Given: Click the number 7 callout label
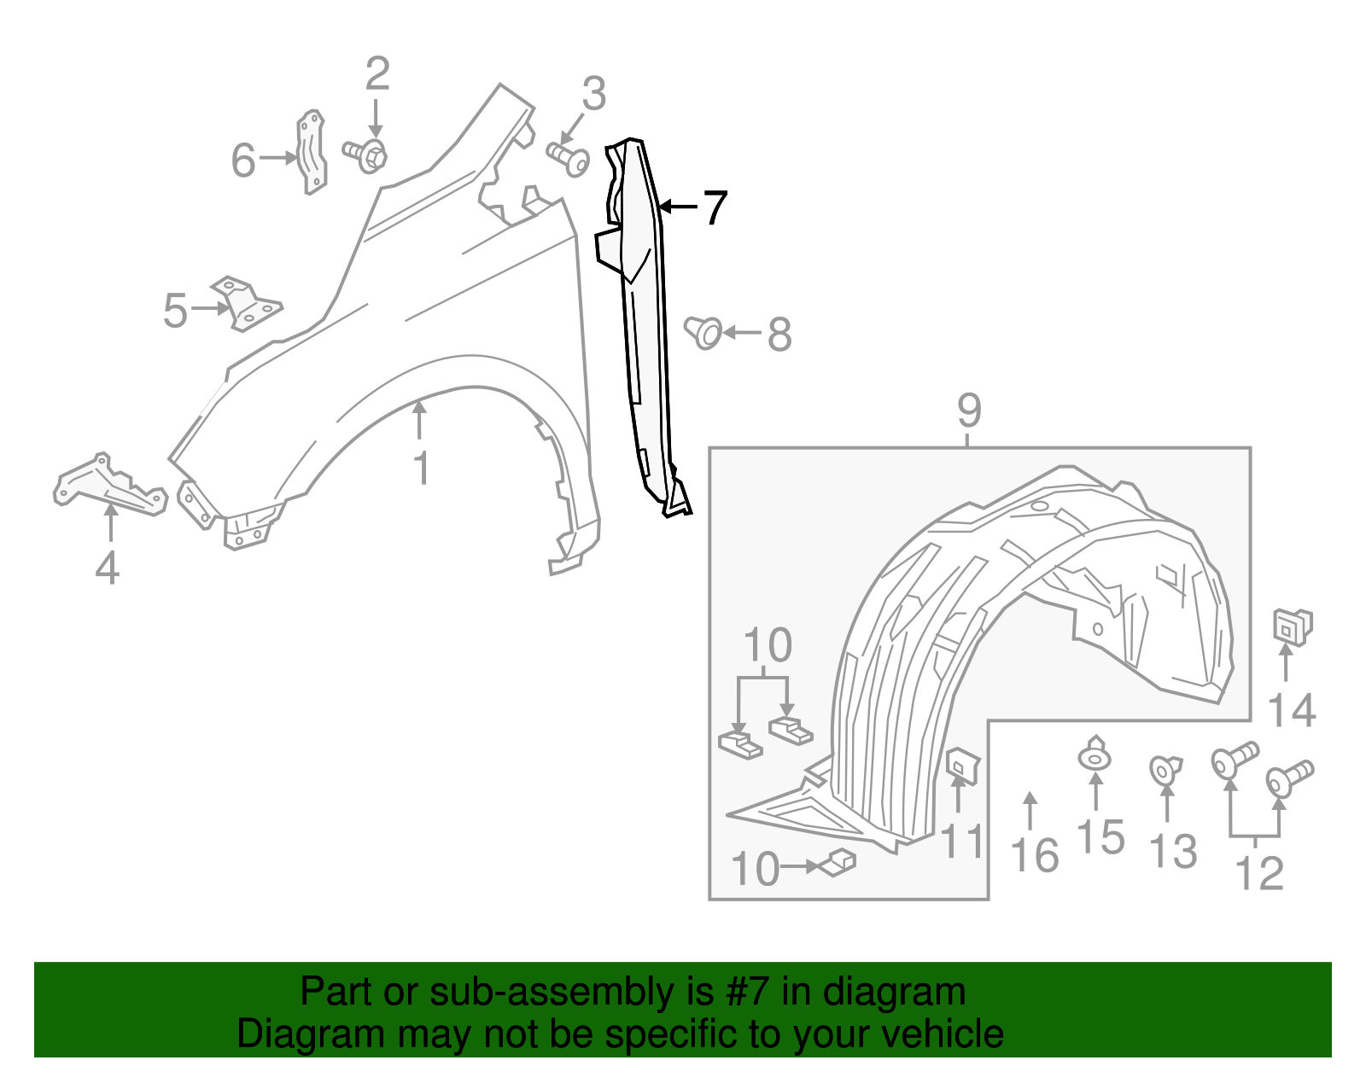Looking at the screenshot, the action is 715,207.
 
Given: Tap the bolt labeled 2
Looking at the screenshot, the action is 367,154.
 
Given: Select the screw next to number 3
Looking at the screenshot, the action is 569,159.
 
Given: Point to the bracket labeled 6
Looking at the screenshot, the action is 312,151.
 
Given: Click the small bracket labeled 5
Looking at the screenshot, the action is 246,304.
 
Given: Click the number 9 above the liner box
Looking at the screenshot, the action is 969,411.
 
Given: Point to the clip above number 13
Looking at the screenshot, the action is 1164,769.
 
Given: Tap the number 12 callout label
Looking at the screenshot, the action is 1259,873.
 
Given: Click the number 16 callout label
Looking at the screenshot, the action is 1035,855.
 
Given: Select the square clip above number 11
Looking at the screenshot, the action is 962,765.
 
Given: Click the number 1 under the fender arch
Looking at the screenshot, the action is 421,469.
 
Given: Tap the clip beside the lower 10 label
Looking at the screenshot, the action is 838,864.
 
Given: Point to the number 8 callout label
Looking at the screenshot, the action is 779,334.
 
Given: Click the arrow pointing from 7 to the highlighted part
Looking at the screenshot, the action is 679,207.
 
